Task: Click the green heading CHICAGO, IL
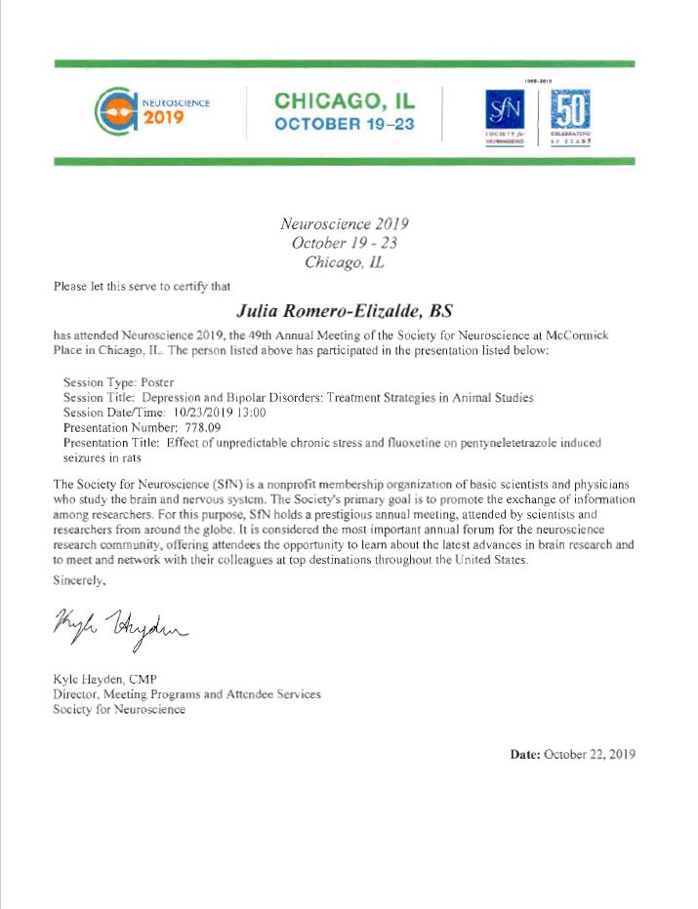[345, 100]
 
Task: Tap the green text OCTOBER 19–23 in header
[345, 124]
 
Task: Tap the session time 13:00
[252, 413]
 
